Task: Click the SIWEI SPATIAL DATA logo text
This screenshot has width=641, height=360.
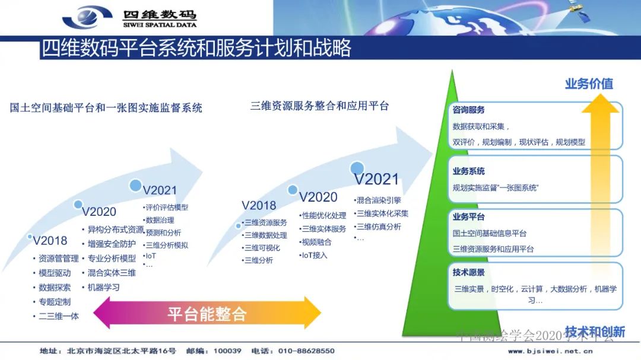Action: click(159, 26)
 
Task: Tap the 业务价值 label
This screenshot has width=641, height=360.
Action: click(589, 84)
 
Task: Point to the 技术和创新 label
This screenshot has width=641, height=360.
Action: click(595, 332)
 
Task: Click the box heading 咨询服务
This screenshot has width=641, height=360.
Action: click(469, 110)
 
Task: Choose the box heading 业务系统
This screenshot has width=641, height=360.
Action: click(469, 171)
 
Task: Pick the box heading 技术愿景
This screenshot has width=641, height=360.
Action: click(469, 273)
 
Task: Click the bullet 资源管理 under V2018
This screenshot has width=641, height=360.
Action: click(58, 259)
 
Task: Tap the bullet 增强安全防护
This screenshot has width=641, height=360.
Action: click(112, 244)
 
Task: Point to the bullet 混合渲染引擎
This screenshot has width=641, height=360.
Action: click(378, 200)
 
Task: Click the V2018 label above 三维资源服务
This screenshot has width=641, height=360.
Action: click(259, 206)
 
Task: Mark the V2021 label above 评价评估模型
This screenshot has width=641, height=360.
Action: click(160, 190)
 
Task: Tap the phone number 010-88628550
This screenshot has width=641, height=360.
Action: click(306, 351)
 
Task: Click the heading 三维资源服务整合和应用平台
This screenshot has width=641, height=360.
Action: click(319, 106)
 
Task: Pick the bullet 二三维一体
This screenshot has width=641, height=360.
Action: click(58, 316)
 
